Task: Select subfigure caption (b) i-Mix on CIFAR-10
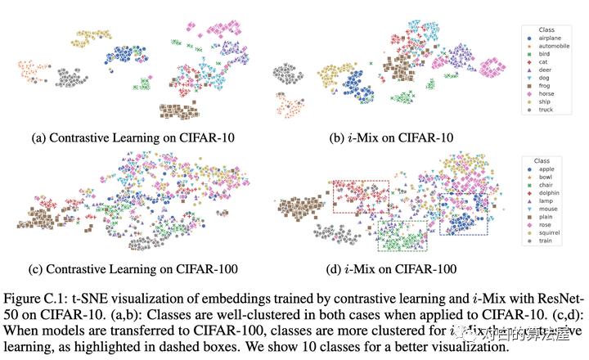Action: pyautogui.click(x=392, y=138)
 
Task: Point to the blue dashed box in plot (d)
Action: pyautogui.click(x=463, y=214)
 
